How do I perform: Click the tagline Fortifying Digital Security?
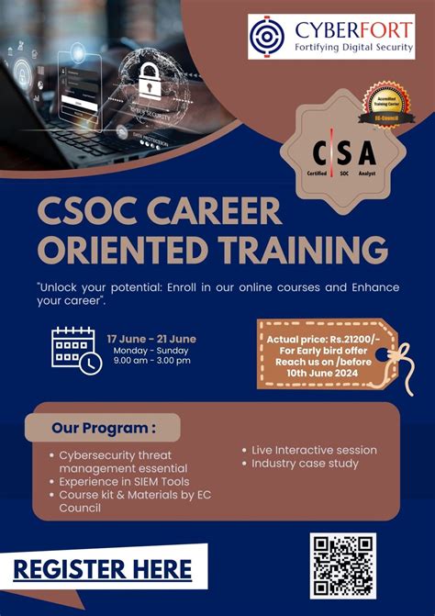pos(340,48)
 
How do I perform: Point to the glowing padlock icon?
pos(151,82)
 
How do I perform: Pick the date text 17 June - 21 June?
pos(151,339)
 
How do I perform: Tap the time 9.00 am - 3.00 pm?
pos(151,361)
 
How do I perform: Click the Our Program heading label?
pos(103,427)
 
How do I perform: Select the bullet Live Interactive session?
pos(314,450)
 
